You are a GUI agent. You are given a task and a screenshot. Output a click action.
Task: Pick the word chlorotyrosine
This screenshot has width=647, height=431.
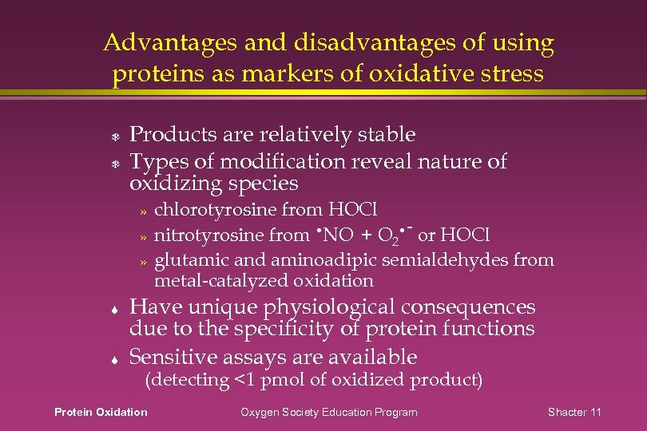[216, 210]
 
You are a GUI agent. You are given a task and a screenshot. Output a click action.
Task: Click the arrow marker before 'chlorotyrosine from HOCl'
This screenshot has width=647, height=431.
[144, 212]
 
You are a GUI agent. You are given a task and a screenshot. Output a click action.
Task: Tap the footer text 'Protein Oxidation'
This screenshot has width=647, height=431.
[101, 412]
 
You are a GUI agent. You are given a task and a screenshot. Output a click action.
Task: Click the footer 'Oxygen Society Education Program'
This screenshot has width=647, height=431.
[329, 412]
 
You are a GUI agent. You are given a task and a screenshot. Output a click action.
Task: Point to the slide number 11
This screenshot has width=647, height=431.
[595, 412]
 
